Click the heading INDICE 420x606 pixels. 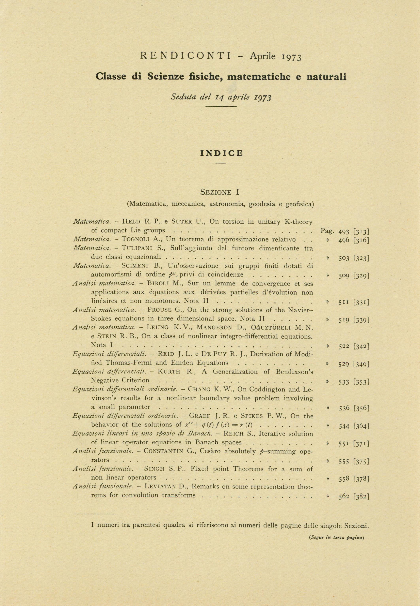[x=222, y=153]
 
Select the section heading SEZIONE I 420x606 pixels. [x=219, y=192]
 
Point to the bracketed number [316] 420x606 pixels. [x=362, y=240]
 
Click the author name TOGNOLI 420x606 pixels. [x=136, y=239]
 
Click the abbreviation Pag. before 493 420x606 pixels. [x=327, y=231]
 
